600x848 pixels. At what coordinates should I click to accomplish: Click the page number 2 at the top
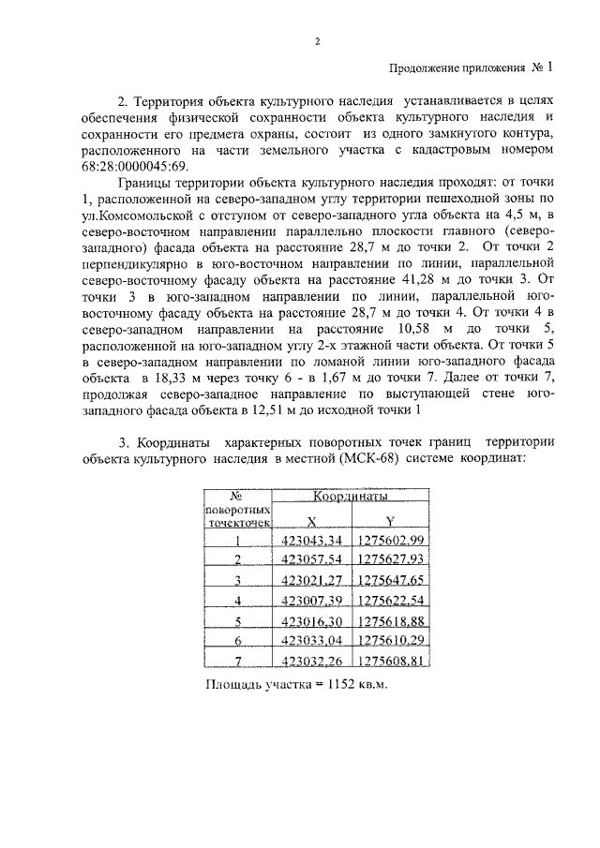coord(317,42)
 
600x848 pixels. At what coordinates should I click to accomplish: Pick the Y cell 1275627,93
coord(391,559)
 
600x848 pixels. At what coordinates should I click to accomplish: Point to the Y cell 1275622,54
coord(391,600)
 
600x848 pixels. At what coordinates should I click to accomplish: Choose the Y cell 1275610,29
coord(391,640)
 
